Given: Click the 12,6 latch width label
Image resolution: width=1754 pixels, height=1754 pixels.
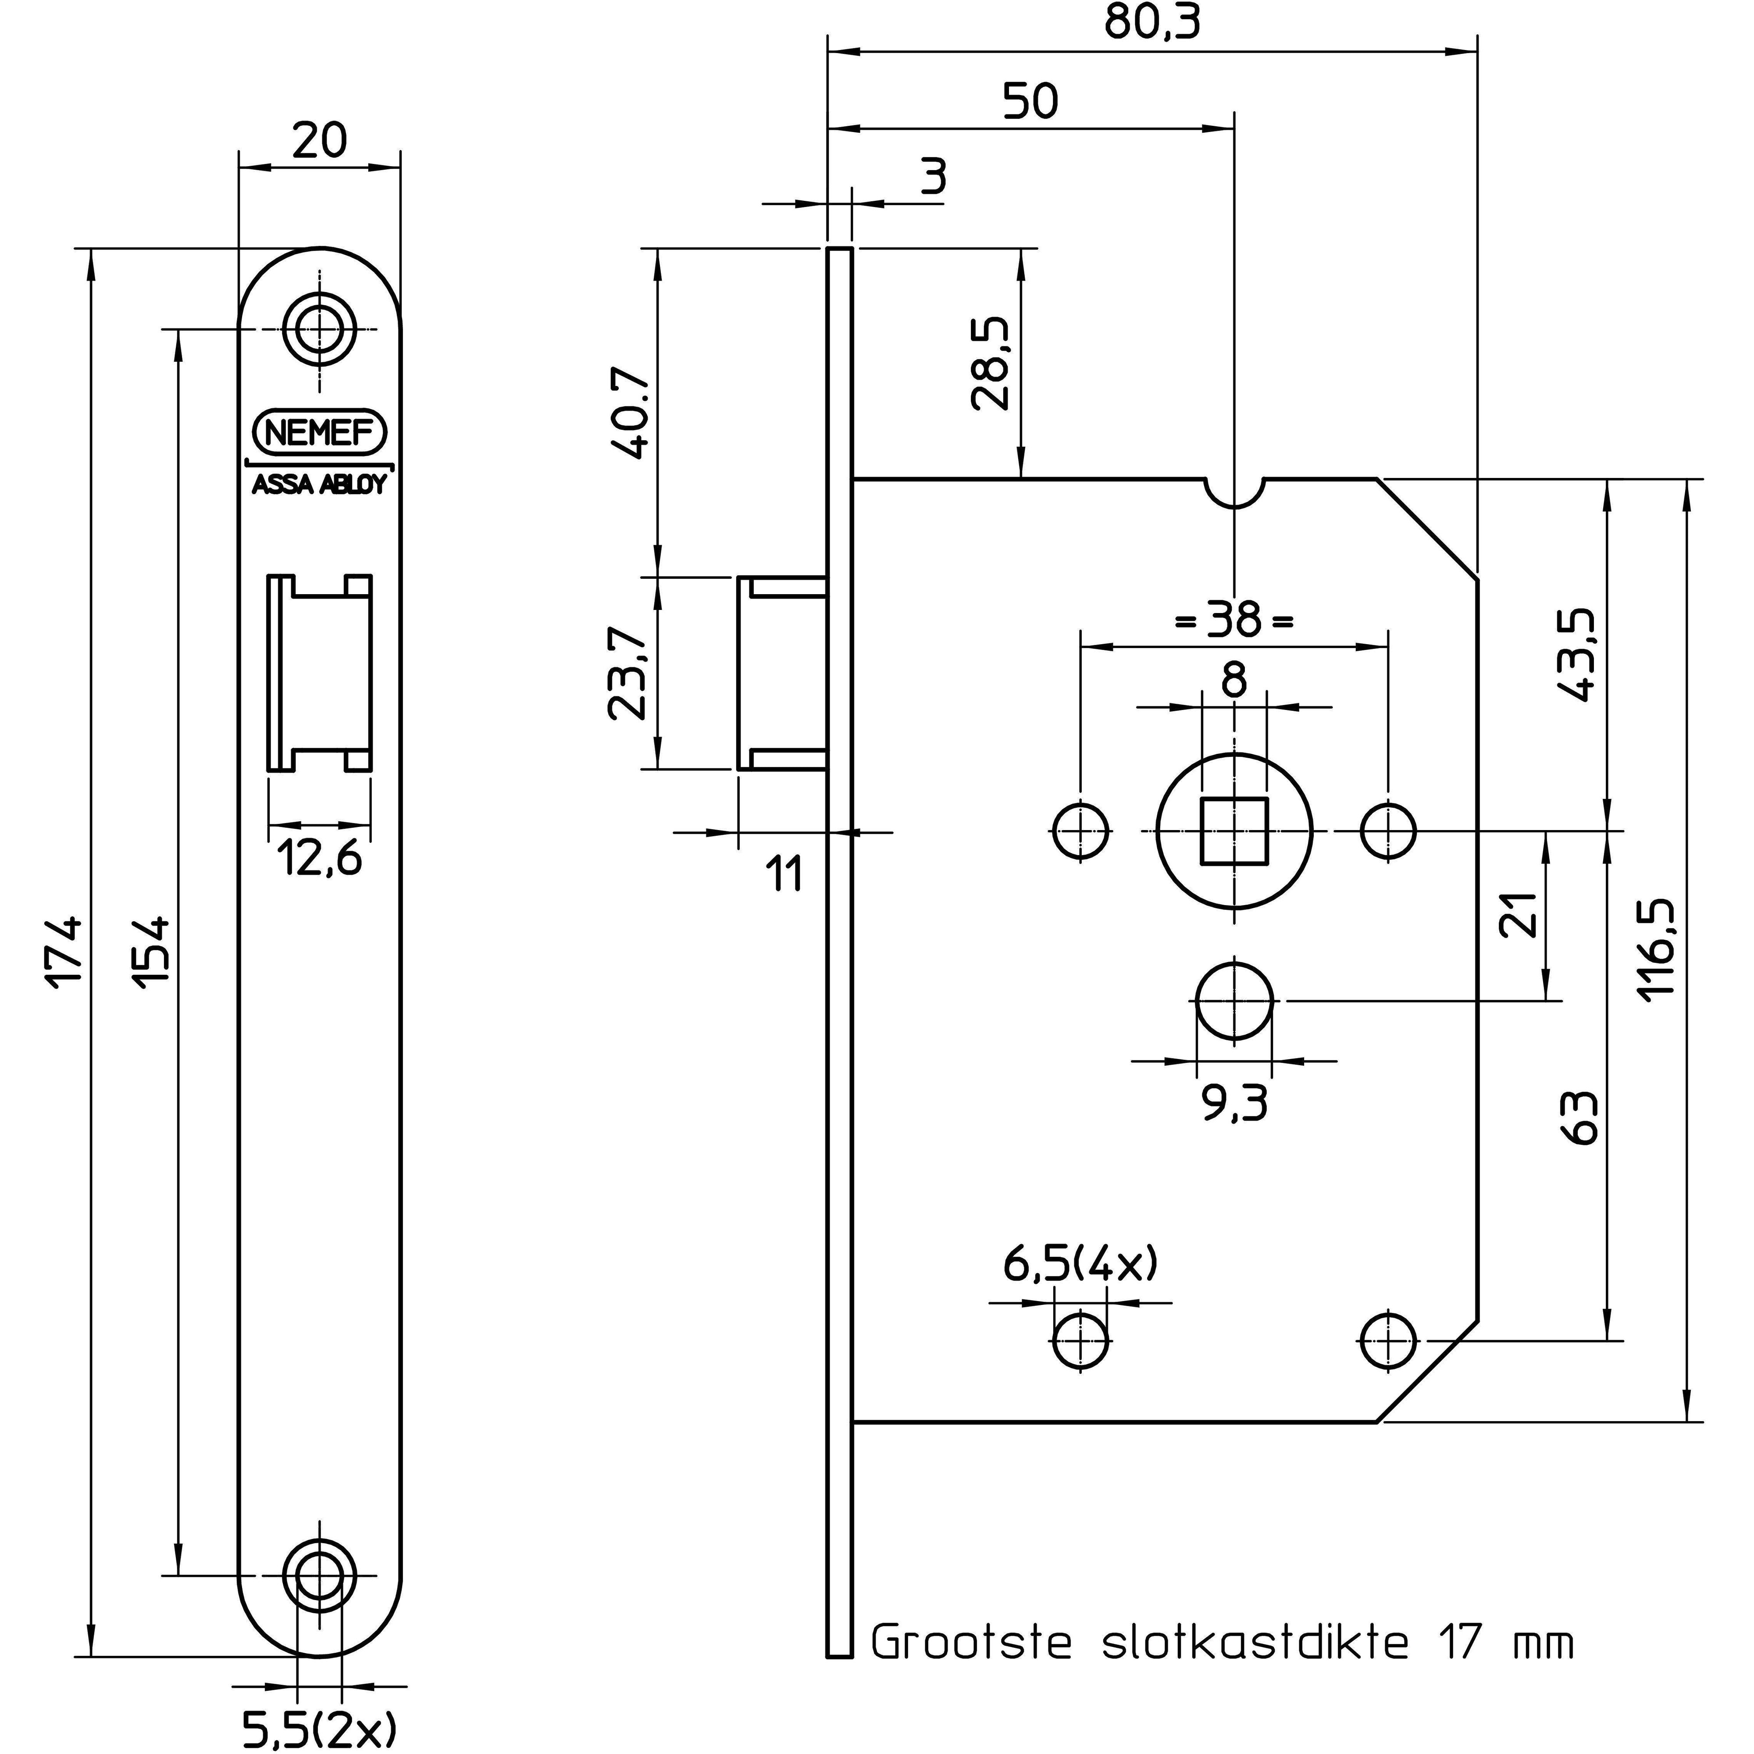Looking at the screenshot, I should [320, 858].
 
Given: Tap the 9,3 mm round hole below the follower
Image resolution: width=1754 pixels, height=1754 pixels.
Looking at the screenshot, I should [1235, 1002].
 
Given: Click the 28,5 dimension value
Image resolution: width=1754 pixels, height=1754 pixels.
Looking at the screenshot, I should [990, 363].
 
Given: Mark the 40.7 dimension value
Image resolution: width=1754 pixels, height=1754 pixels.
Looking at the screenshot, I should [628, 413].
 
